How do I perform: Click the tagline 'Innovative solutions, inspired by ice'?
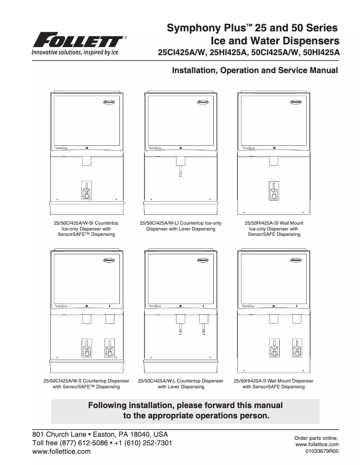[x=75, y=52]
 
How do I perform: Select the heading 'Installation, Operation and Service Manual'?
[x=251, y=70]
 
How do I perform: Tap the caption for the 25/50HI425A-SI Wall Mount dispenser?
[x=274, y=228]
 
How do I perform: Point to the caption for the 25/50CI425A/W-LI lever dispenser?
[x=180, y=226]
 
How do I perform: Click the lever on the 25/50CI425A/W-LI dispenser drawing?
[x=180, y=170]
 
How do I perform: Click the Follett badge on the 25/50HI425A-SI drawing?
[x=297, y=101]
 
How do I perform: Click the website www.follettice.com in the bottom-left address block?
[x=62, y=452]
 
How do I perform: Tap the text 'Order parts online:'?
[x=316, y=438]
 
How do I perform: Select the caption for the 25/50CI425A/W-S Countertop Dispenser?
[x=87, y=383]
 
